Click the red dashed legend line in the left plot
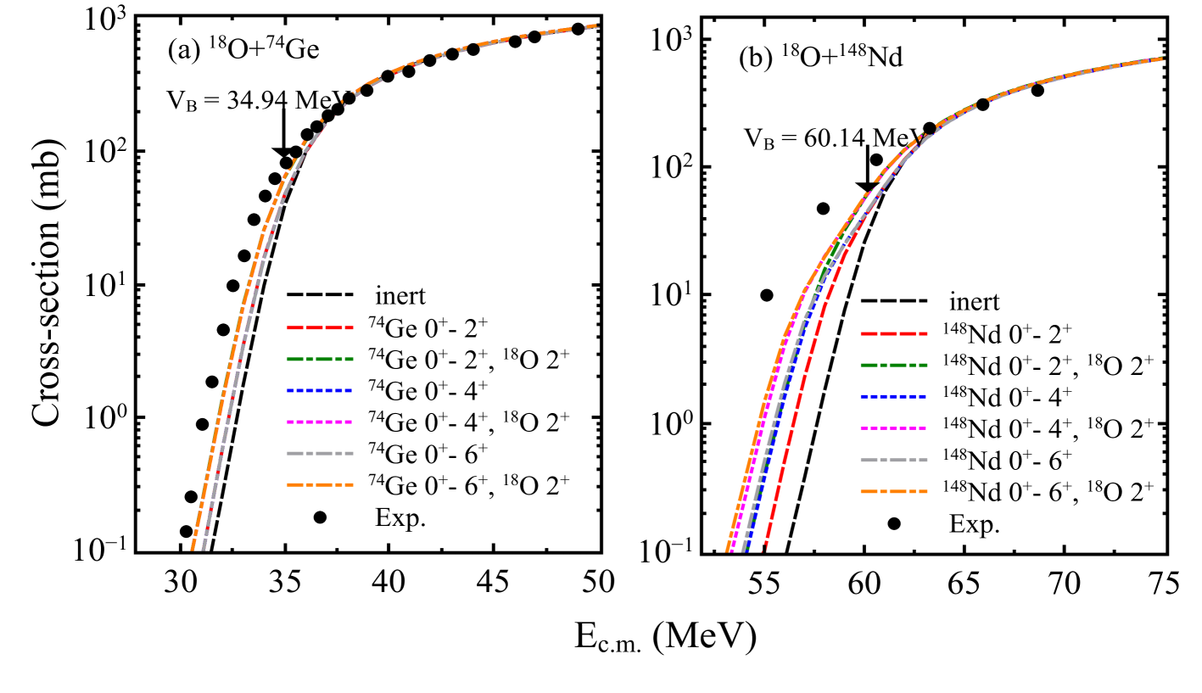320,327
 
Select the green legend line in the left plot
320,359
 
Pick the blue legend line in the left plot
320,390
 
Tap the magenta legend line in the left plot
320,422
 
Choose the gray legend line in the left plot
320,453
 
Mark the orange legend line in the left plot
320,484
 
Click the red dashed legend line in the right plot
893,333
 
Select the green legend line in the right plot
893,365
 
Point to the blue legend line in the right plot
893,396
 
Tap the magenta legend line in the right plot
893,428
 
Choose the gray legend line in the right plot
893,460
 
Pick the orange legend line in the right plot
893,491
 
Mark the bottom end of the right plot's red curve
764,549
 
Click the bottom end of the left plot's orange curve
193,548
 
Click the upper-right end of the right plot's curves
1162,59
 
